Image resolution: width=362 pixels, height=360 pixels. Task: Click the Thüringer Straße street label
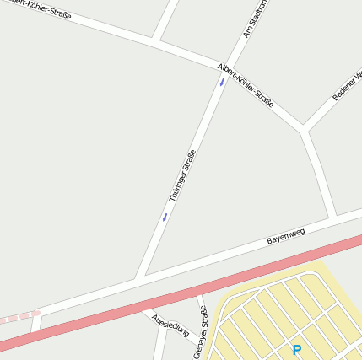click(x=182, y=175)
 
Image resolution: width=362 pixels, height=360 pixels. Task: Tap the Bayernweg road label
click(x=285, y=234)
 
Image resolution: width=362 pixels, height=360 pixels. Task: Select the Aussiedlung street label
click(x=170, y=324)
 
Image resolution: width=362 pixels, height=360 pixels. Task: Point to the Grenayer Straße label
click(x=201, y=332)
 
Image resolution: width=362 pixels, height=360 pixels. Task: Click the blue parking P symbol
click(x=296, y=350)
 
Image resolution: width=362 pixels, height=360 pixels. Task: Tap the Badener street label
click(x=347, y=85)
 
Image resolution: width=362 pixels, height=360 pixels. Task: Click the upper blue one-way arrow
click(x=222, y=82)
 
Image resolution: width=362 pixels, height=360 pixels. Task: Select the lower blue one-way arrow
click(x=165, y=217)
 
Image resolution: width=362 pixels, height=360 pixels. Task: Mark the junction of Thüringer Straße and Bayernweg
click(x=140, y=277)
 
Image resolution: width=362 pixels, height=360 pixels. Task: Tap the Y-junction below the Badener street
click(x=302, y=130)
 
